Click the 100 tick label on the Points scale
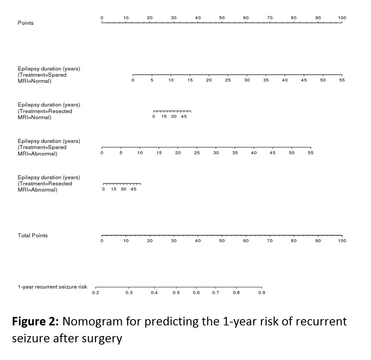pos(342,18)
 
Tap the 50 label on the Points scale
pos(222,18)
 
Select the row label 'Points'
pos(25,23)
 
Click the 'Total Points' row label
pos(32,235)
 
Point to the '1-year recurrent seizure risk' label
pos(52,287)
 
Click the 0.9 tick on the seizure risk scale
pos(262,293)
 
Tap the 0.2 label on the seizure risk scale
pos(95,293)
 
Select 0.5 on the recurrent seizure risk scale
pos(176,293)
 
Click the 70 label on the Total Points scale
pos(270,241)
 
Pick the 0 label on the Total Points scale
pos(102,241)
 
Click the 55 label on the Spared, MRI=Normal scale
pos(342,80)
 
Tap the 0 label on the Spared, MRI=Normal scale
pos(133,80)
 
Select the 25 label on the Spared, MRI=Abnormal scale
pos(197,153)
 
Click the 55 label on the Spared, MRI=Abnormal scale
pos(311,153)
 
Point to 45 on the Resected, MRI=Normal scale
pos(184,117)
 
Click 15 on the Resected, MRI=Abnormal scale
pos(114,189)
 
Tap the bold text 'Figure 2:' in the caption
pos(35,321)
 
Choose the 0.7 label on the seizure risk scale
pos(215,293)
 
